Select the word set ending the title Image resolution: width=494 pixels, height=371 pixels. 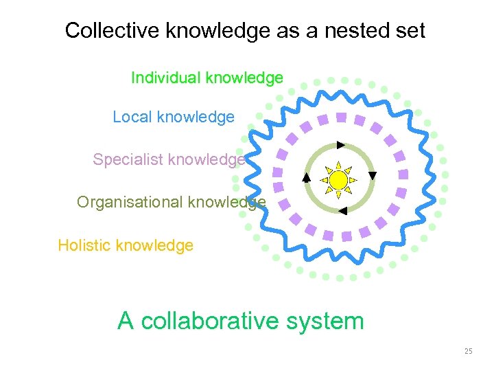click(x=410, y=31)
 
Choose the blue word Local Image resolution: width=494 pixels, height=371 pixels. click(x=132, y=117)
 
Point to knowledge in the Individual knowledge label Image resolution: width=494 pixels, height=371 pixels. click(x=244, y=78)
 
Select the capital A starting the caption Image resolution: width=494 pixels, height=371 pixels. click(x=126, y=321)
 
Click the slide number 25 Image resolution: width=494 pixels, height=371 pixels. click(x=468, y=351)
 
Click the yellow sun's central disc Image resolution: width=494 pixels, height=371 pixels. click(x=338, y=180)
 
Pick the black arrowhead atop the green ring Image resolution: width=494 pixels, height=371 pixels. click(x=340, y=145)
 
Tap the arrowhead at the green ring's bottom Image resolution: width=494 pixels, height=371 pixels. click(x=342, y=211)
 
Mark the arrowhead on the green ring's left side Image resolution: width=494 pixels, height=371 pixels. click(x=306, y=177)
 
